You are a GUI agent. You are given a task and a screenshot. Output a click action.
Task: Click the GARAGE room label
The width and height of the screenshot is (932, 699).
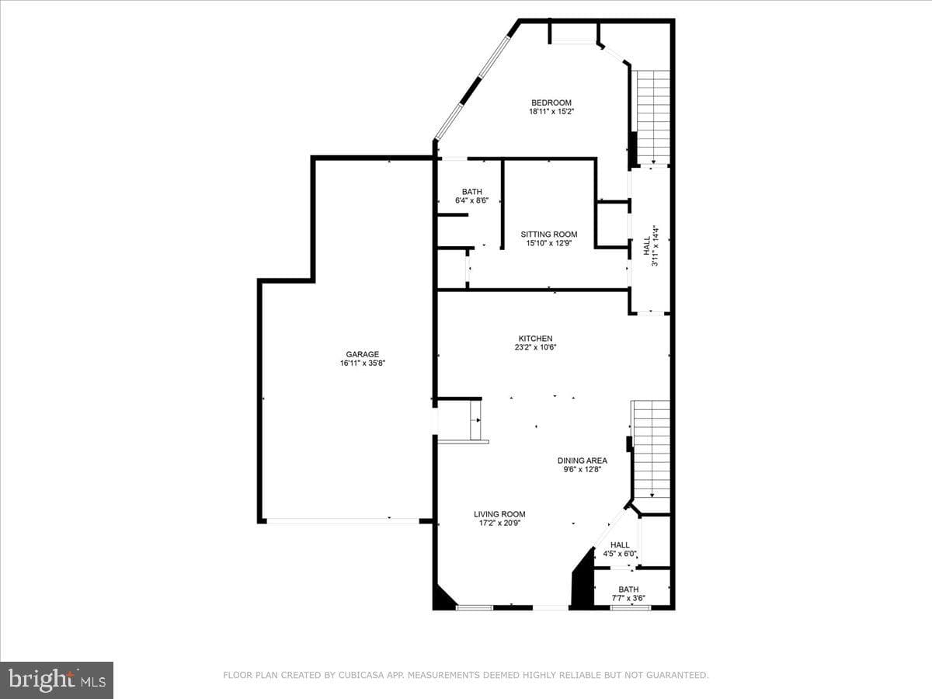362,354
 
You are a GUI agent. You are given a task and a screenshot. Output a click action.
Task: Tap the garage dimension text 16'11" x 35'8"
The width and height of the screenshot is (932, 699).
362,363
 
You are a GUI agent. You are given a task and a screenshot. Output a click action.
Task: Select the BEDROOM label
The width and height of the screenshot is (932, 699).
551,103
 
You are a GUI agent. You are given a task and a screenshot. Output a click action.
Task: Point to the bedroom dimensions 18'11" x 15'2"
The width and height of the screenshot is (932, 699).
551,112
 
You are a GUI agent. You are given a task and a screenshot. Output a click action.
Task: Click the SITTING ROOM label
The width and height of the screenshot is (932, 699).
549,235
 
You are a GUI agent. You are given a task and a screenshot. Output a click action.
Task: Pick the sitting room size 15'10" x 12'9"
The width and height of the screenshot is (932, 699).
549,243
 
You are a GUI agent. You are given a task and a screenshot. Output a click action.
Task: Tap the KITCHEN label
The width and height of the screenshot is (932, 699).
535,339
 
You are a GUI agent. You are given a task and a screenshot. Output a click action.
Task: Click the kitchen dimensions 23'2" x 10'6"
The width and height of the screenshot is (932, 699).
535,347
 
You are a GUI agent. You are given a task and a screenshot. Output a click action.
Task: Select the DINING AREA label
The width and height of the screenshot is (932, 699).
582,461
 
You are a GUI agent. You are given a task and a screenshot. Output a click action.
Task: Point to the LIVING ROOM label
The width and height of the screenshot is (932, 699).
499,514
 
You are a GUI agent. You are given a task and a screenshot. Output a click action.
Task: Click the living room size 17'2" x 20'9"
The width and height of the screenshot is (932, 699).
499,523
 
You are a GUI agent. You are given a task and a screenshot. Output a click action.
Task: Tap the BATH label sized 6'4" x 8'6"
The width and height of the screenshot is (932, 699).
471,192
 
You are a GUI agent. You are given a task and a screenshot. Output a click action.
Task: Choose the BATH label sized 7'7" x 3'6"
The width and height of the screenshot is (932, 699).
628,589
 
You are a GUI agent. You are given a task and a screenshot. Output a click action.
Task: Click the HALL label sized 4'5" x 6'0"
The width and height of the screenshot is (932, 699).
620,545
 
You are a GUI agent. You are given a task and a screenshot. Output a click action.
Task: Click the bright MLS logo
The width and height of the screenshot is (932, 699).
57,680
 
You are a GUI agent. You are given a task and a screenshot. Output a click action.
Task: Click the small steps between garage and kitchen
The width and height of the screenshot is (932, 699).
475,420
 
